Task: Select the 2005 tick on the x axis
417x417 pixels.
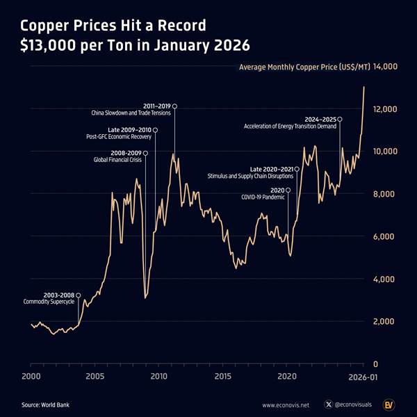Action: click(95, 376)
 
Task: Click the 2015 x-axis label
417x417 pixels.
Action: click(222, 376)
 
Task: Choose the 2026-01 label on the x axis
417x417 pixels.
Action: click(363, 376)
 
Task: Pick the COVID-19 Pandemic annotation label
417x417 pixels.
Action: click(263, 197)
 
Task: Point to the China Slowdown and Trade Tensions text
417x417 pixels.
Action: click(131, 113)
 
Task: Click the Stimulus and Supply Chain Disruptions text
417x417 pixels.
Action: click(250, 177)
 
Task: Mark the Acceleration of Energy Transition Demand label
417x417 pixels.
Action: click(290, 126)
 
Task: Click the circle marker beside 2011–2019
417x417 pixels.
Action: click(174, 106)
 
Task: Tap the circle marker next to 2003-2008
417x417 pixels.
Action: click(78, 295)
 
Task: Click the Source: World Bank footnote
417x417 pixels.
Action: click(45, 404)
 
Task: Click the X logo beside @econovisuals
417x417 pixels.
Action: click(328, 404)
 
